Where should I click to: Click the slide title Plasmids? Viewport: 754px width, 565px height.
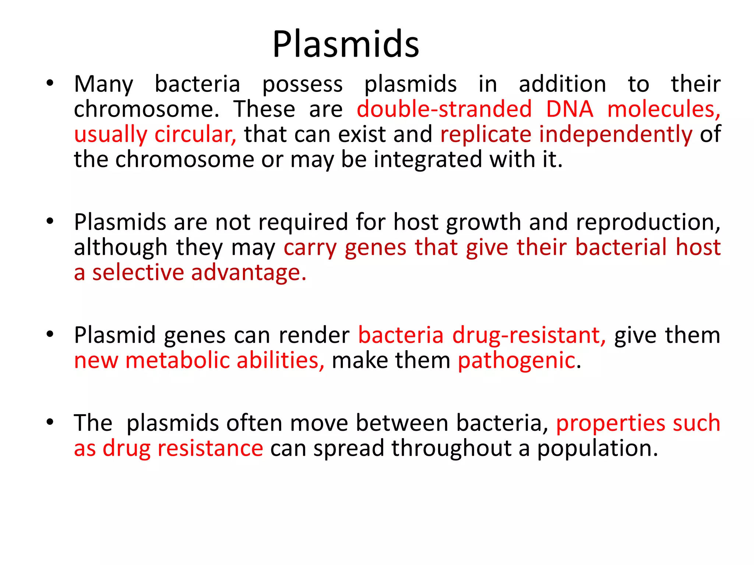(x=345, y=44)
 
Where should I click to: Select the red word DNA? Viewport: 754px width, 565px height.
(x=569, y=110)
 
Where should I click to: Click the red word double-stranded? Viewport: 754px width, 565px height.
(x=444, y=110)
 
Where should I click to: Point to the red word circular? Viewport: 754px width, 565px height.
(x=195, y=135)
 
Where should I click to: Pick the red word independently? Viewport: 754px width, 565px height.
(x=616, y=135)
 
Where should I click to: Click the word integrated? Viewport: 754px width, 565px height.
(x=428, y=160)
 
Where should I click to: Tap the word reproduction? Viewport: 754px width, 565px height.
(x=648, y=223)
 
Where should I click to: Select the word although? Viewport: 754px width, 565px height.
(x=121, y=248)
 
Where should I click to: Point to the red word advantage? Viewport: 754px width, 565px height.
(x=249, y=273)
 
